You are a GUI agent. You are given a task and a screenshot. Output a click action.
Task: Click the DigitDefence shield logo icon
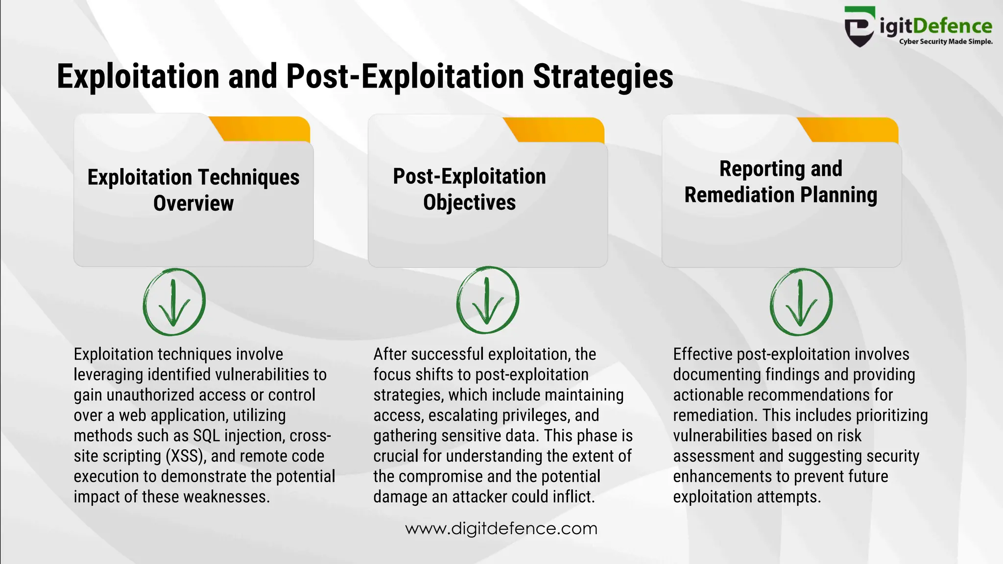coord(859,26)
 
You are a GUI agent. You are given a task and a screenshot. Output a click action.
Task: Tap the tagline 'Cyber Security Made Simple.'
coord(946,42)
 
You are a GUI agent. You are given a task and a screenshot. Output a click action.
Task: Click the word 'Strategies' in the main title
coord(603,76)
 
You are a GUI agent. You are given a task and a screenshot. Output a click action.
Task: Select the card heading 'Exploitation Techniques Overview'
coord(193,190)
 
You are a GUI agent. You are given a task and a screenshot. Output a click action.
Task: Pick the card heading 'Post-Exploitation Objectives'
coord(469,189)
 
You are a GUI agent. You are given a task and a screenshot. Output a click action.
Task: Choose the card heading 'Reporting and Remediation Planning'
coord(781,182)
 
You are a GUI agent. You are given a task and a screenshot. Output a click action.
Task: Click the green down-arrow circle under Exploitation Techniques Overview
coord(174,302)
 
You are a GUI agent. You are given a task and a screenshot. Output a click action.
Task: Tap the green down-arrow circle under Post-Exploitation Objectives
coord(487,300)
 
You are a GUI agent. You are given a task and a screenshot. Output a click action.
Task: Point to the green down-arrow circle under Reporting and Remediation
coord(801,302)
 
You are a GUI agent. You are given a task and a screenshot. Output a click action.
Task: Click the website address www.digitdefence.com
coord(501,529)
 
